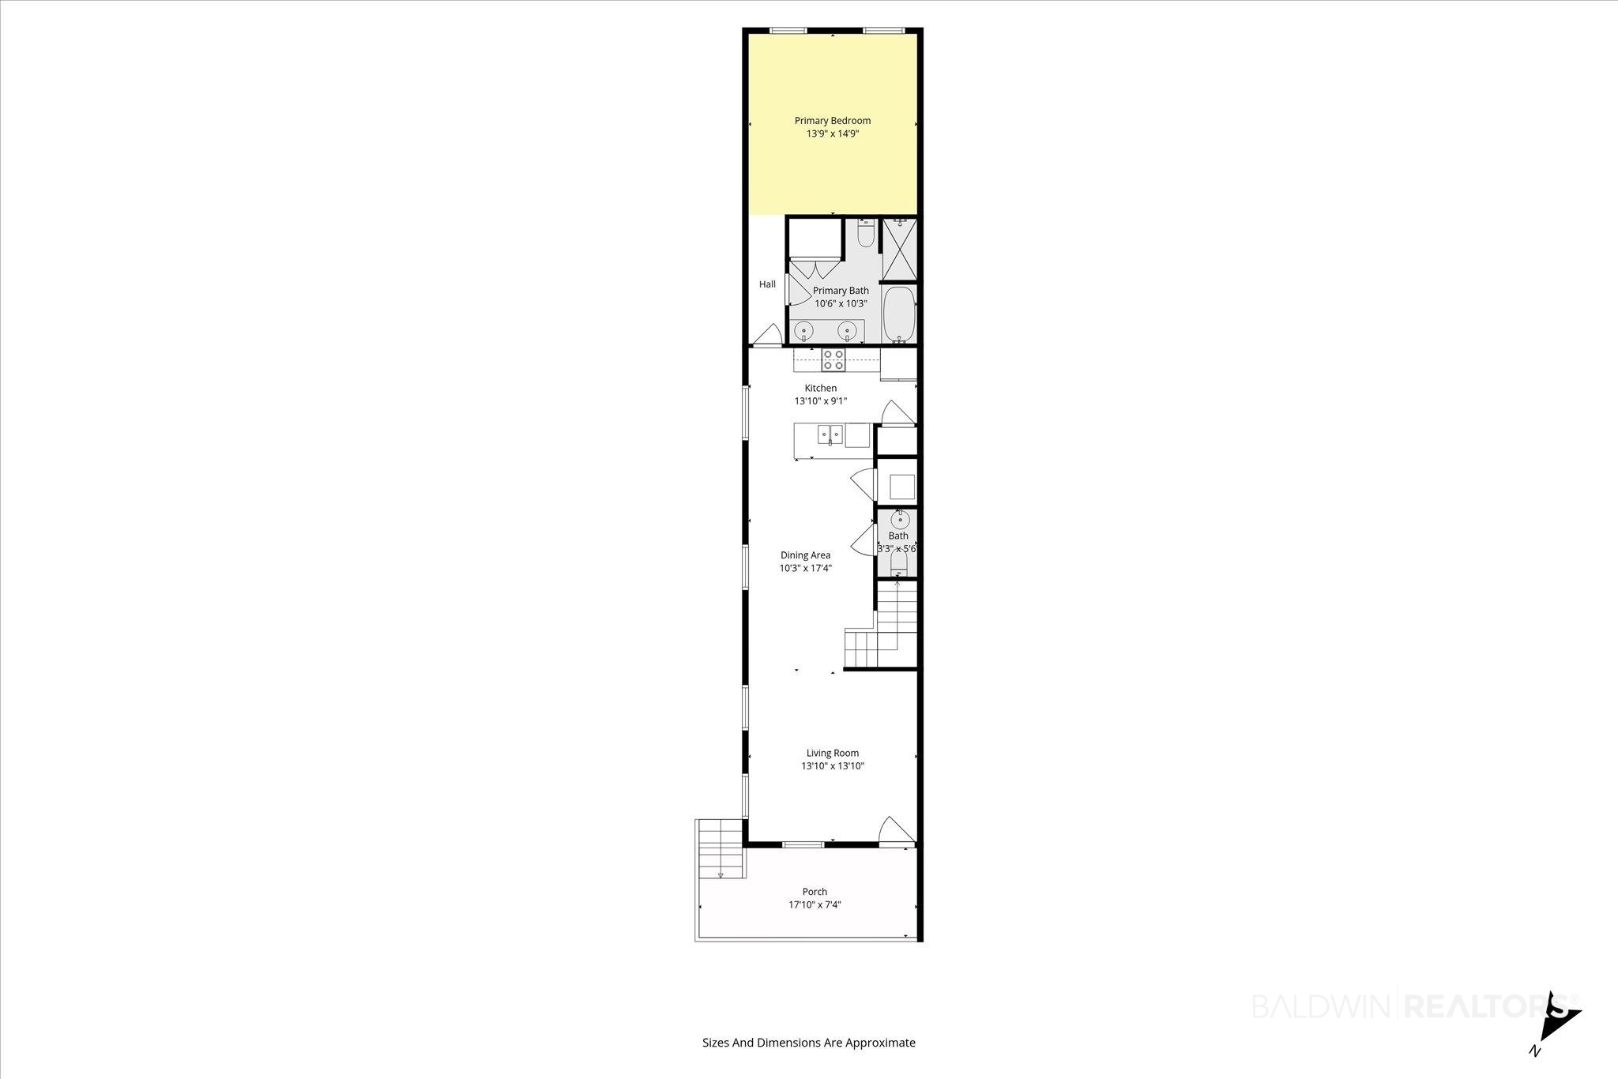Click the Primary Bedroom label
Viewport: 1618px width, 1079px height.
[833, 121]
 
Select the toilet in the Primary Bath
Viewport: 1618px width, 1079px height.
[866, 234]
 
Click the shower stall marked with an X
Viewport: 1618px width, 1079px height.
[898, 249]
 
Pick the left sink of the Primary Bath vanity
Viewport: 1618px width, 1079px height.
[803, 330]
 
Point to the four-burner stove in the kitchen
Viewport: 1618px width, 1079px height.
[833, 360]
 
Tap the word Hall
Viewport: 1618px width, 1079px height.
[767, 284]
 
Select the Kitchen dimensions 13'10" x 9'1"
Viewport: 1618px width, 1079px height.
[821, 401]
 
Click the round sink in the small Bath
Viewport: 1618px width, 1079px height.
[900, 520]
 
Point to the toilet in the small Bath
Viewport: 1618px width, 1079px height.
[898, 562]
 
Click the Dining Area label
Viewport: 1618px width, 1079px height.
[805, 555]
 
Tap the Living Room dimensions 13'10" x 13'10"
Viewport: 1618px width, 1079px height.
[833, 766]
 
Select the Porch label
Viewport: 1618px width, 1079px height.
[815, 892]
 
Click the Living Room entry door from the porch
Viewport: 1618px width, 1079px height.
[896, 831]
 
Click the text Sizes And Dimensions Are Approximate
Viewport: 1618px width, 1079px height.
[809, 1043]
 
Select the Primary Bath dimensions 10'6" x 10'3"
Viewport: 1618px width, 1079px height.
[841, 303]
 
